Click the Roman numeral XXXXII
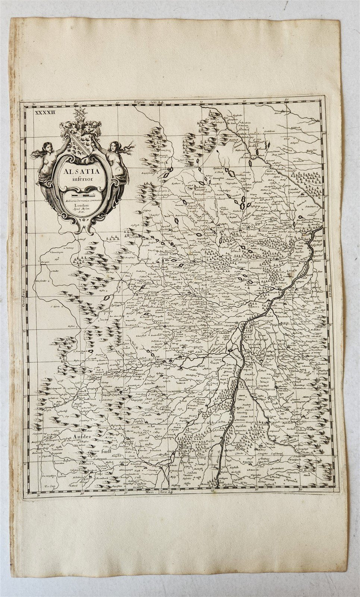(x=44, y=111)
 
